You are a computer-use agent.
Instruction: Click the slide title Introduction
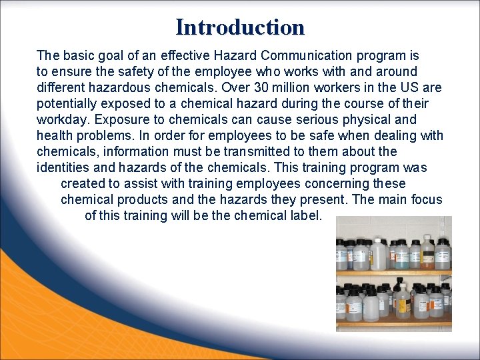pos(240,27)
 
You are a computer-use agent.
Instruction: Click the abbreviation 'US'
pos(407,88)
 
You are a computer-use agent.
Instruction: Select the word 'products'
pos(139,200)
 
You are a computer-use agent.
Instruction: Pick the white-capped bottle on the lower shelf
pos(371,305)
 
